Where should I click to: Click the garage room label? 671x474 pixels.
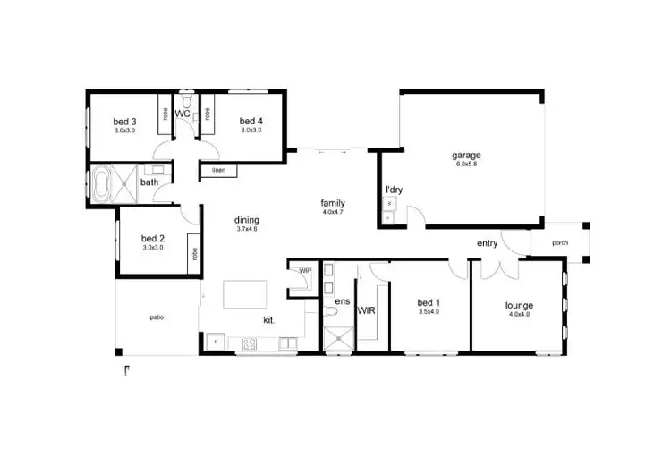coord(465,155)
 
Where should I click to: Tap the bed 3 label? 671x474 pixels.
coord(124,122)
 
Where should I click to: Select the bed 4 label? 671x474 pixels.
coord(251,122)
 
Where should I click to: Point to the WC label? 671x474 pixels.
coord(182,114)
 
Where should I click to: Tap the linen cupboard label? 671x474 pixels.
coord(217,170)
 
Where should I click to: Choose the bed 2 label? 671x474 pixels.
coord(153,239)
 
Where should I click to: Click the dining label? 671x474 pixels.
coord(247,220)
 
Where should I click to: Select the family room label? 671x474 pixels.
coord(333,203)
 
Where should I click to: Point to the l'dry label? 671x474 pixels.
coord(392,190)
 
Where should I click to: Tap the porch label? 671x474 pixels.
coord(561,242)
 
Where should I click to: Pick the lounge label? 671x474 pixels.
coord(519,305)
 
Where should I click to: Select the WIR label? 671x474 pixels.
coord(366,311)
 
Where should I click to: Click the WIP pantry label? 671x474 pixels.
coord(304,269)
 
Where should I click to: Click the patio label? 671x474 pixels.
coord(156,317)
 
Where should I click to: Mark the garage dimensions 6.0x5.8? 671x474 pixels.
coord(465,165)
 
